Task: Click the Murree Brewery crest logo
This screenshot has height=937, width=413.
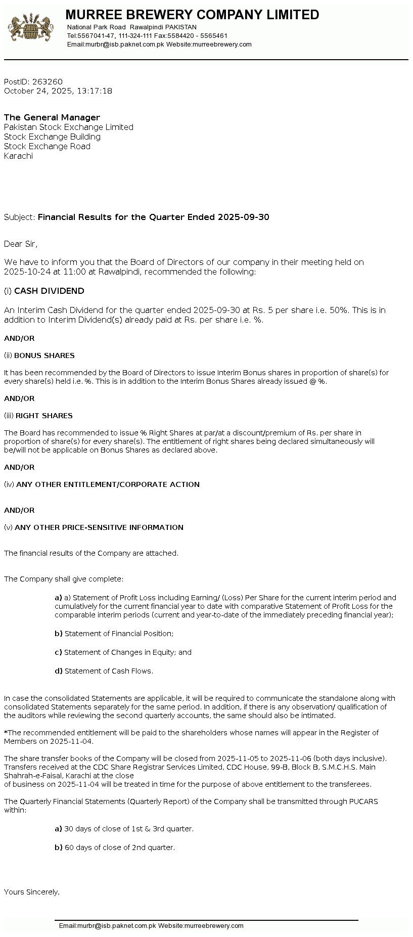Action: (x=30, y=28)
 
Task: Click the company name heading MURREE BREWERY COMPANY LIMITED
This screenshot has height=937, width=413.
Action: (x=192, y=15)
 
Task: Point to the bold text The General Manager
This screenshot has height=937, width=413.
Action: (x=52, y=117)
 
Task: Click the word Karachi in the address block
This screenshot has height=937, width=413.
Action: (x=18, y=156)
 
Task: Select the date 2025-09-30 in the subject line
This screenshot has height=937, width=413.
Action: (x=243, y=217)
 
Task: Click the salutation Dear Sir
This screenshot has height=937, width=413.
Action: (x=20, y=244)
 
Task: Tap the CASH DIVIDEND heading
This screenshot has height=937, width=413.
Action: (x=49, y=291)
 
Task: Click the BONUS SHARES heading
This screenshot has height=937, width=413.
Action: (x=44, y=355)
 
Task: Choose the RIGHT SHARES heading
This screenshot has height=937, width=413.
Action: (x=44, y=416)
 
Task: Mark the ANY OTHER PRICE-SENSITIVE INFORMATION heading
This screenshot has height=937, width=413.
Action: (x=99, y=527)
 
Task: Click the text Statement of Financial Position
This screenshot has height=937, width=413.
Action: (x=119, y=634)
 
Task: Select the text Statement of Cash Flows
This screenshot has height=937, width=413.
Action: (x=108, y=671)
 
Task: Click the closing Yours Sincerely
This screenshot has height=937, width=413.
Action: (x=31, y=892)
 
